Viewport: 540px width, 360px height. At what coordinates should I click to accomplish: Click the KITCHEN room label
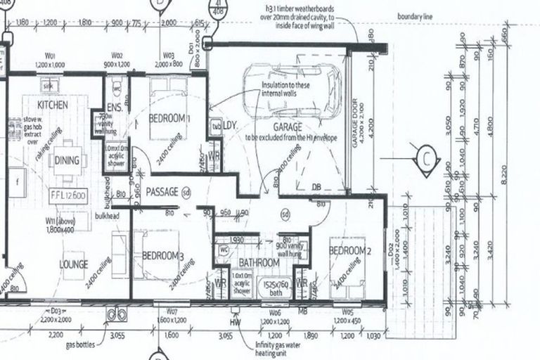(x=53, y=105)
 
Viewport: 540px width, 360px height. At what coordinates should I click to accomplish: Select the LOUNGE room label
(x=74, y=265)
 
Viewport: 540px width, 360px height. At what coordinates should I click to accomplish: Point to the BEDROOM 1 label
(x=170, y=117)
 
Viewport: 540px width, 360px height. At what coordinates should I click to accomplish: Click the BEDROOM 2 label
(x=349, y=251)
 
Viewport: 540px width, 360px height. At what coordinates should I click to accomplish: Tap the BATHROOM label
(x=259, y=262)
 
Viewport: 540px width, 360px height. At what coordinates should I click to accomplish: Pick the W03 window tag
(x=168, y=54)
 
